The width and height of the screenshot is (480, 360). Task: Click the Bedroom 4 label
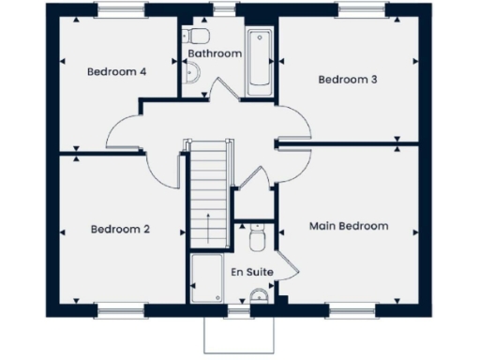pyautogui.click(x=117, y=72)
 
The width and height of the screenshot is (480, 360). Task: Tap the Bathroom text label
pyautogui.click(x=215, y=54)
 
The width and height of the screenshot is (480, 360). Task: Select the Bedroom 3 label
pyautogui.click(x=348, y=80)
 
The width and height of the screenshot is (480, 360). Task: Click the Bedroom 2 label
pyautogui.click(x=121, y=229)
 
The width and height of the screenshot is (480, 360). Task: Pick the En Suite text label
pyautogui.click(x=253, y=272)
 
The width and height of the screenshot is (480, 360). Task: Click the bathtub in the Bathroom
pyautogui.click(x=259, y=62)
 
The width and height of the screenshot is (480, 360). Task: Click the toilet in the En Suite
pyautogui.click(x=259, y=240)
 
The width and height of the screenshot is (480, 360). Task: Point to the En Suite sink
pyautogui.click(x=260, y=299)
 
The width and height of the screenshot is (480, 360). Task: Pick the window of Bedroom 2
pyautogui.click(x=120, y=308)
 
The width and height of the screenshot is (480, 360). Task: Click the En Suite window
pyautogui.click(x=239, y=308)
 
